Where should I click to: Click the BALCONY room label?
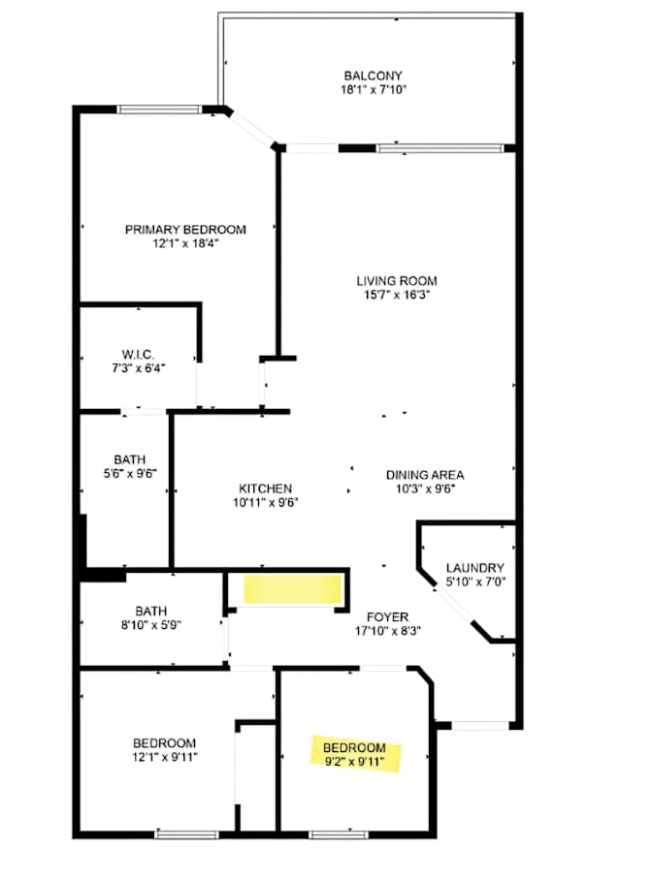(373, 76)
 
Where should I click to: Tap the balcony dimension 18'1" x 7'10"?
(373, 89)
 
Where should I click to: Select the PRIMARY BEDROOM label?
(185, 230)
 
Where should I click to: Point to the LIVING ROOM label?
(397, 281)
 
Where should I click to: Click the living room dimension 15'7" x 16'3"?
(397, 295)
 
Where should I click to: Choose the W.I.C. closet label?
(138, 355)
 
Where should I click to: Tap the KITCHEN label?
(266, 488)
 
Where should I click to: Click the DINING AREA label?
(425, 475)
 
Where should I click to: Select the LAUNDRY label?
(474, 568)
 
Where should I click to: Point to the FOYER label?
(387, 617)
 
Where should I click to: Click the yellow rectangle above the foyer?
(293, 589)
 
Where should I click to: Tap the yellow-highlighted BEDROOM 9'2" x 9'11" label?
(355, 755)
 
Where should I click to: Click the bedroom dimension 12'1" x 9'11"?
(165, 757)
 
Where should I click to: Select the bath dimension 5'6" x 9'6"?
(129, 474)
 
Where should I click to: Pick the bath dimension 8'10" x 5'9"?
(150, 625)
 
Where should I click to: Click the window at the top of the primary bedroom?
(159, 110)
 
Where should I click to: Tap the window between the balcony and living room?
(440, 148)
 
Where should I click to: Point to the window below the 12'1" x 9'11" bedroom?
(186, 834)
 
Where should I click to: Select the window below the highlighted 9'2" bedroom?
(340, 834)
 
